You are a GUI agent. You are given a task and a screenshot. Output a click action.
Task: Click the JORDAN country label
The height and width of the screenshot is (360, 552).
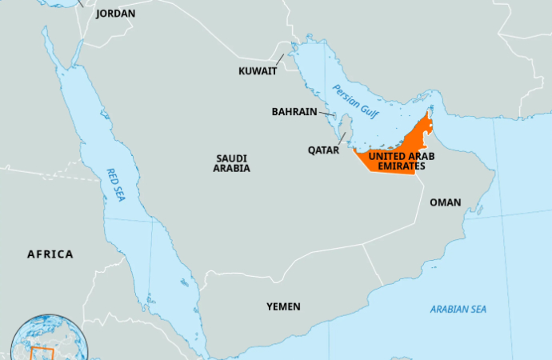coord(115,14)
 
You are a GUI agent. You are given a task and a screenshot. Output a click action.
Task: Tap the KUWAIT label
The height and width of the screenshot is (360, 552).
coord(258,70)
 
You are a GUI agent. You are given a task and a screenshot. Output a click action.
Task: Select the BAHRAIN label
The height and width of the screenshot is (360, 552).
coord(294,112)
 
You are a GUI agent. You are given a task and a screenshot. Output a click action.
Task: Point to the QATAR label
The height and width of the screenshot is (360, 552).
coord(323,150)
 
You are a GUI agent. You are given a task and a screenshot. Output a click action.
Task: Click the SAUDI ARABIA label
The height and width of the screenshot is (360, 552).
coord(231,163)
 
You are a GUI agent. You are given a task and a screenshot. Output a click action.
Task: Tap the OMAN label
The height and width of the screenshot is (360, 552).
coord(446,202)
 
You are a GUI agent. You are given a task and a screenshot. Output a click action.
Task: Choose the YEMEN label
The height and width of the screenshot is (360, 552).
coord(283,306)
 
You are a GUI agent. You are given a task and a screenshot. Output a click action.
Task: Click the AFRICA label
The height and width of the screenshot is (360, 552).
coord(50,254)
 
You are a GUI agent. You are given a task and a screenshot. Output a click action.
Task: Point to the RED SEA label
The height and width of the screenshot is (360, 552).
coord(116,184)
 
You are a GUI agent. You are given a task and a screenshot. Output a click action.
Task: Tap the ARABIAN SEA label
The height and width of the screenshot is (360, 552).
coord(458,309)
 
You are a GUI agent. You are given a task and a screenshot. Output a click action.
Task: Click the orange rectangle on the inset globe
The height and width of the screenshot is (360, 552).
coord(42,353)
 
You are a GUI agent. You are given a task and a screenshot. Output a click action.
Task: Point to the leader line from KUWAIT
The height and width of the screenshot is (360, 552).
coord(280,59)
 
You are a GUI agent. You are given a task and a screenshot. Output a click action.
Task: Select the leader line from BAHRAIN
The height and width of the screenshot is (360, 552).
coord(327,114)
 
